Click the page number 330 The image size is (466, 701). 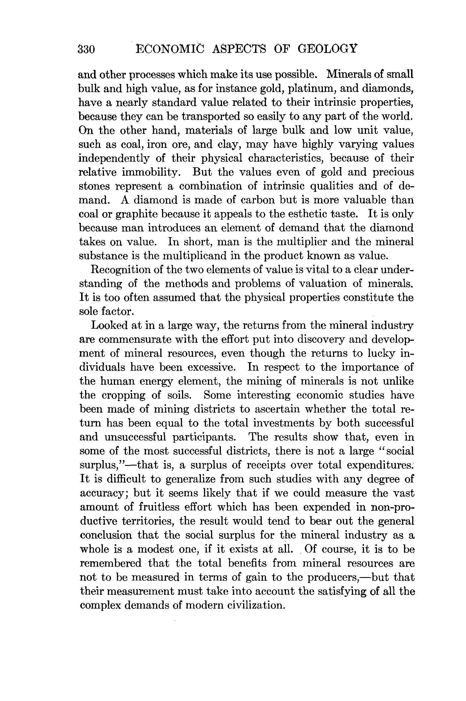coord(86,49)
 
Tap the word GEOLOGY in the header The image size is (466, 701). coord(327,48)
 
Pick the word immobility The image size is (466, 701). coord(152,172)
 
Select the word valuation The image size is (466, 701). coord(323,284)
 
